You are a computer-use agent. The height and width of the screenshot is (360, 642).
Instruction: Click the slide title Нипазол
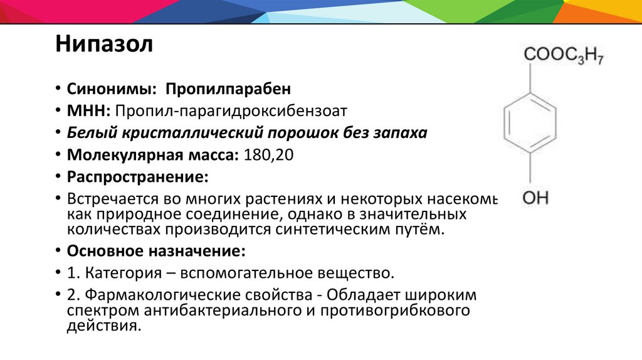point(104,46)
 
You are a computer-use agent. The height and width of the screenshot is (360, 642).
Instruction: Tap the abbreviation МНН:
point(90,111)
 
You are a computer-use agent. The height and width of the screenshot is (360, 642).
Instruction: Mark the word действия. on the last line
point(102,326)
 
